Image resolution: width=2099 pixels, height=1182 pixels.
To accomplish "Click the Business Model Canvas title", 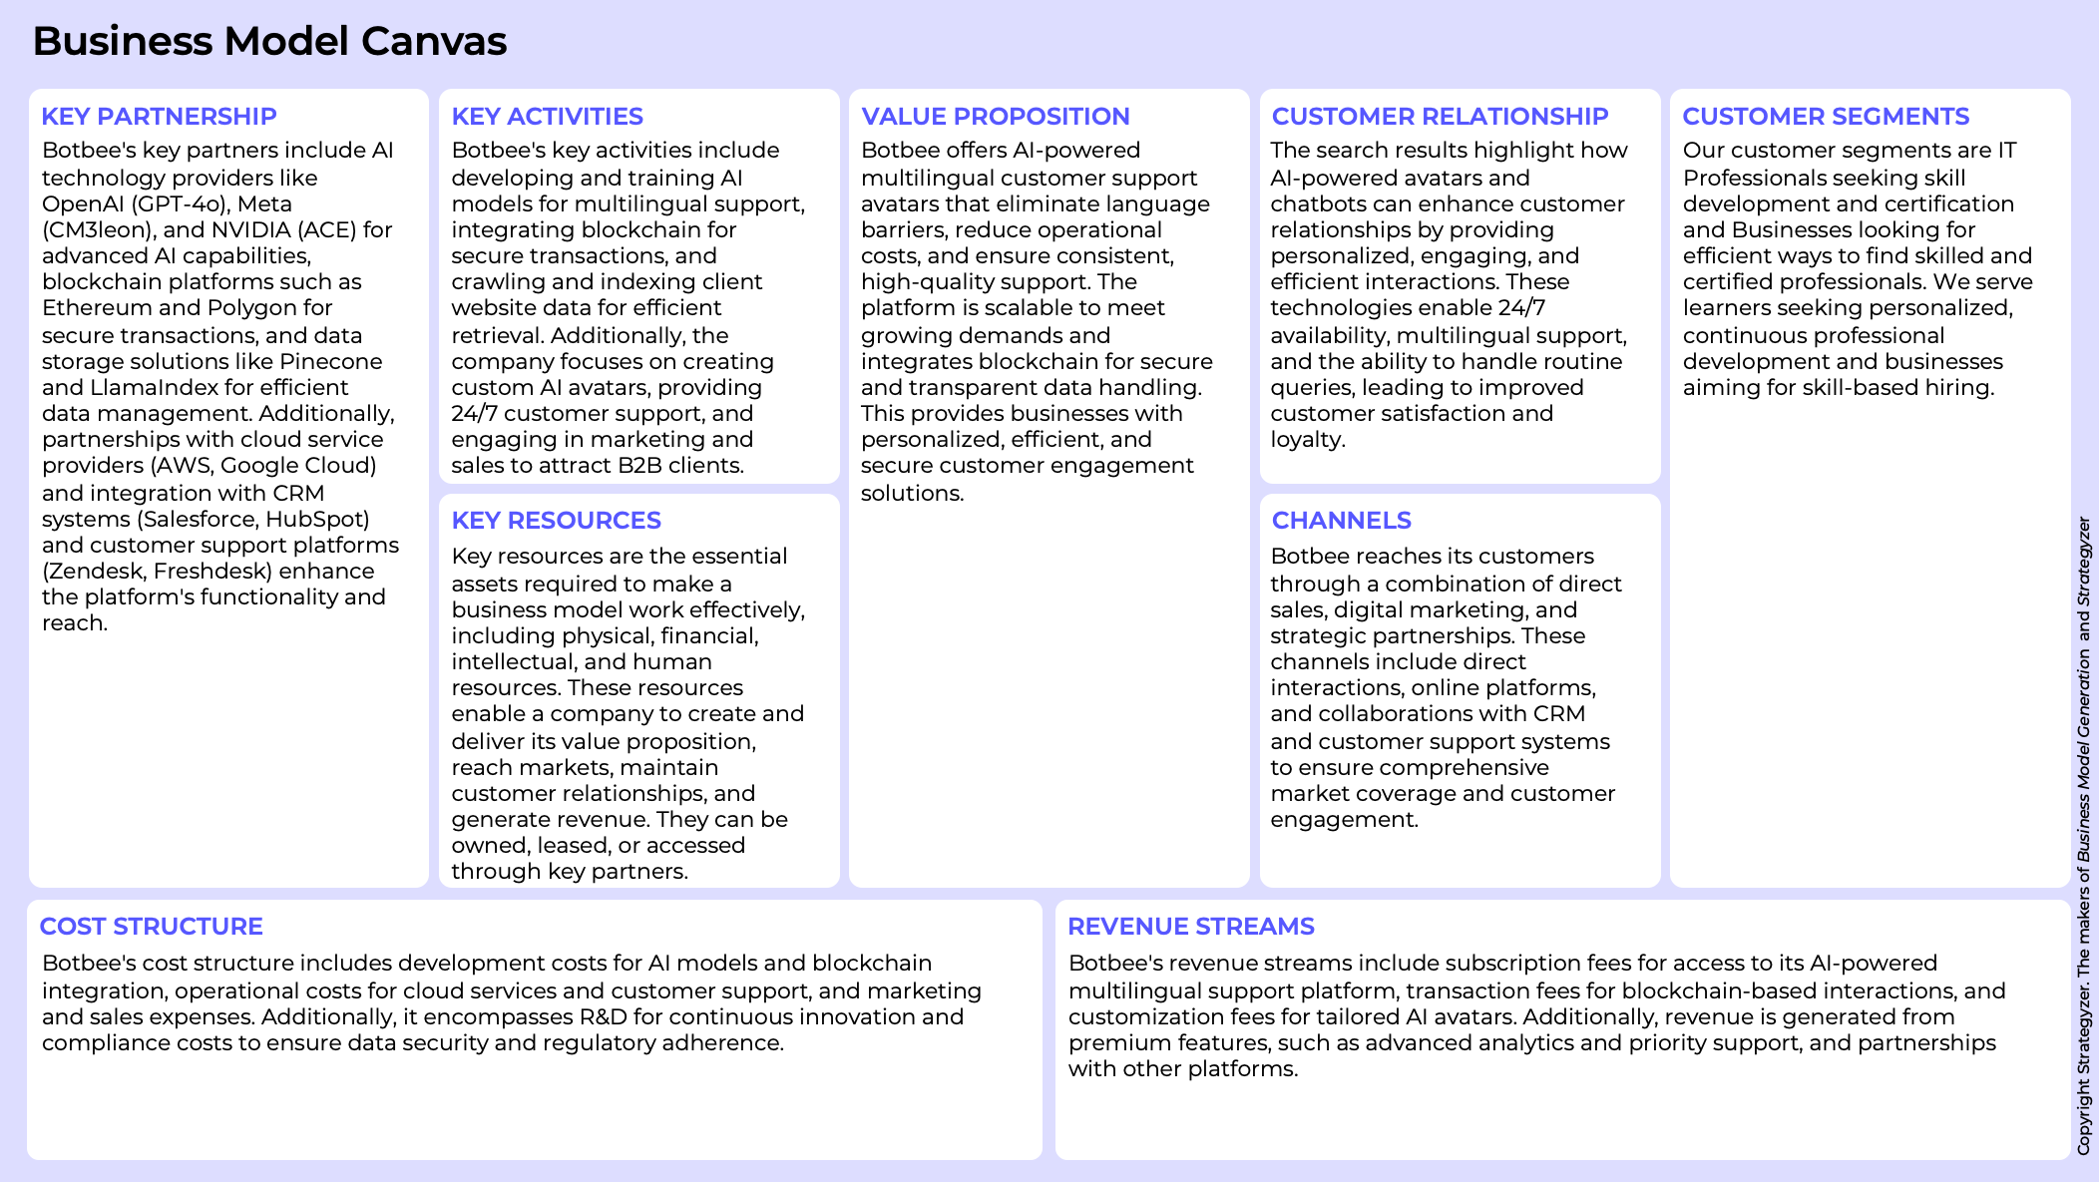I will point(269,42).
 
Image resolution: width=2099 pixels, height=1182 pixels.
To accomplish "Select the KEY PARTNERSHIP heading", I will point(159,117).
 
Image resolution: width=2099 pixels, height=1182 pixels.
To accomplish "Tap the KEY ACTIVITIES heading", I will point(547,117).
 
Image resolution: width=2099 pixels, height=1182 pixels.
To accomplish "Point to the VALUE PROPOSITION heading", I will point(995,117).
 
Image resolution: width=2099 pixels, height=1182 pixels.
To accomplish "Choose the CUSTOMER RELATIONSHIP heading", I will point(1440,117).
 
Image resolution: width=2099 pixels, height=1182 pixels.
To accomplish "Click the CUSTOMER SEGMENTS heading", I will point(1826,117).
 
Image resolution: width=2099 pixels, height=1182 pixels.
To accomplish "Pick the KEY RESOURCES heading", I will point(556,521).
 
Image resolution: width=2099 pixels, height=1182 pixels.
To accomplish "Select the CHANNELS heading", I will point(1341,521).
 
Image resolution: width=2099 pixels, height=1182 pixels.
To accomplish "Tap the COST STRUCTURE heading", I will point(151,927).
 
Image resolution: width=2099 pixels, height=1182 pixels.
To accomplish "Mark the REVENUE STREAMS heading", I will point(1190,927).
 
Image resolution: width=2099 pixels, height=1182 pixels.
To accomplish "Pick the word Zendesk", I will point(93,572).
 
